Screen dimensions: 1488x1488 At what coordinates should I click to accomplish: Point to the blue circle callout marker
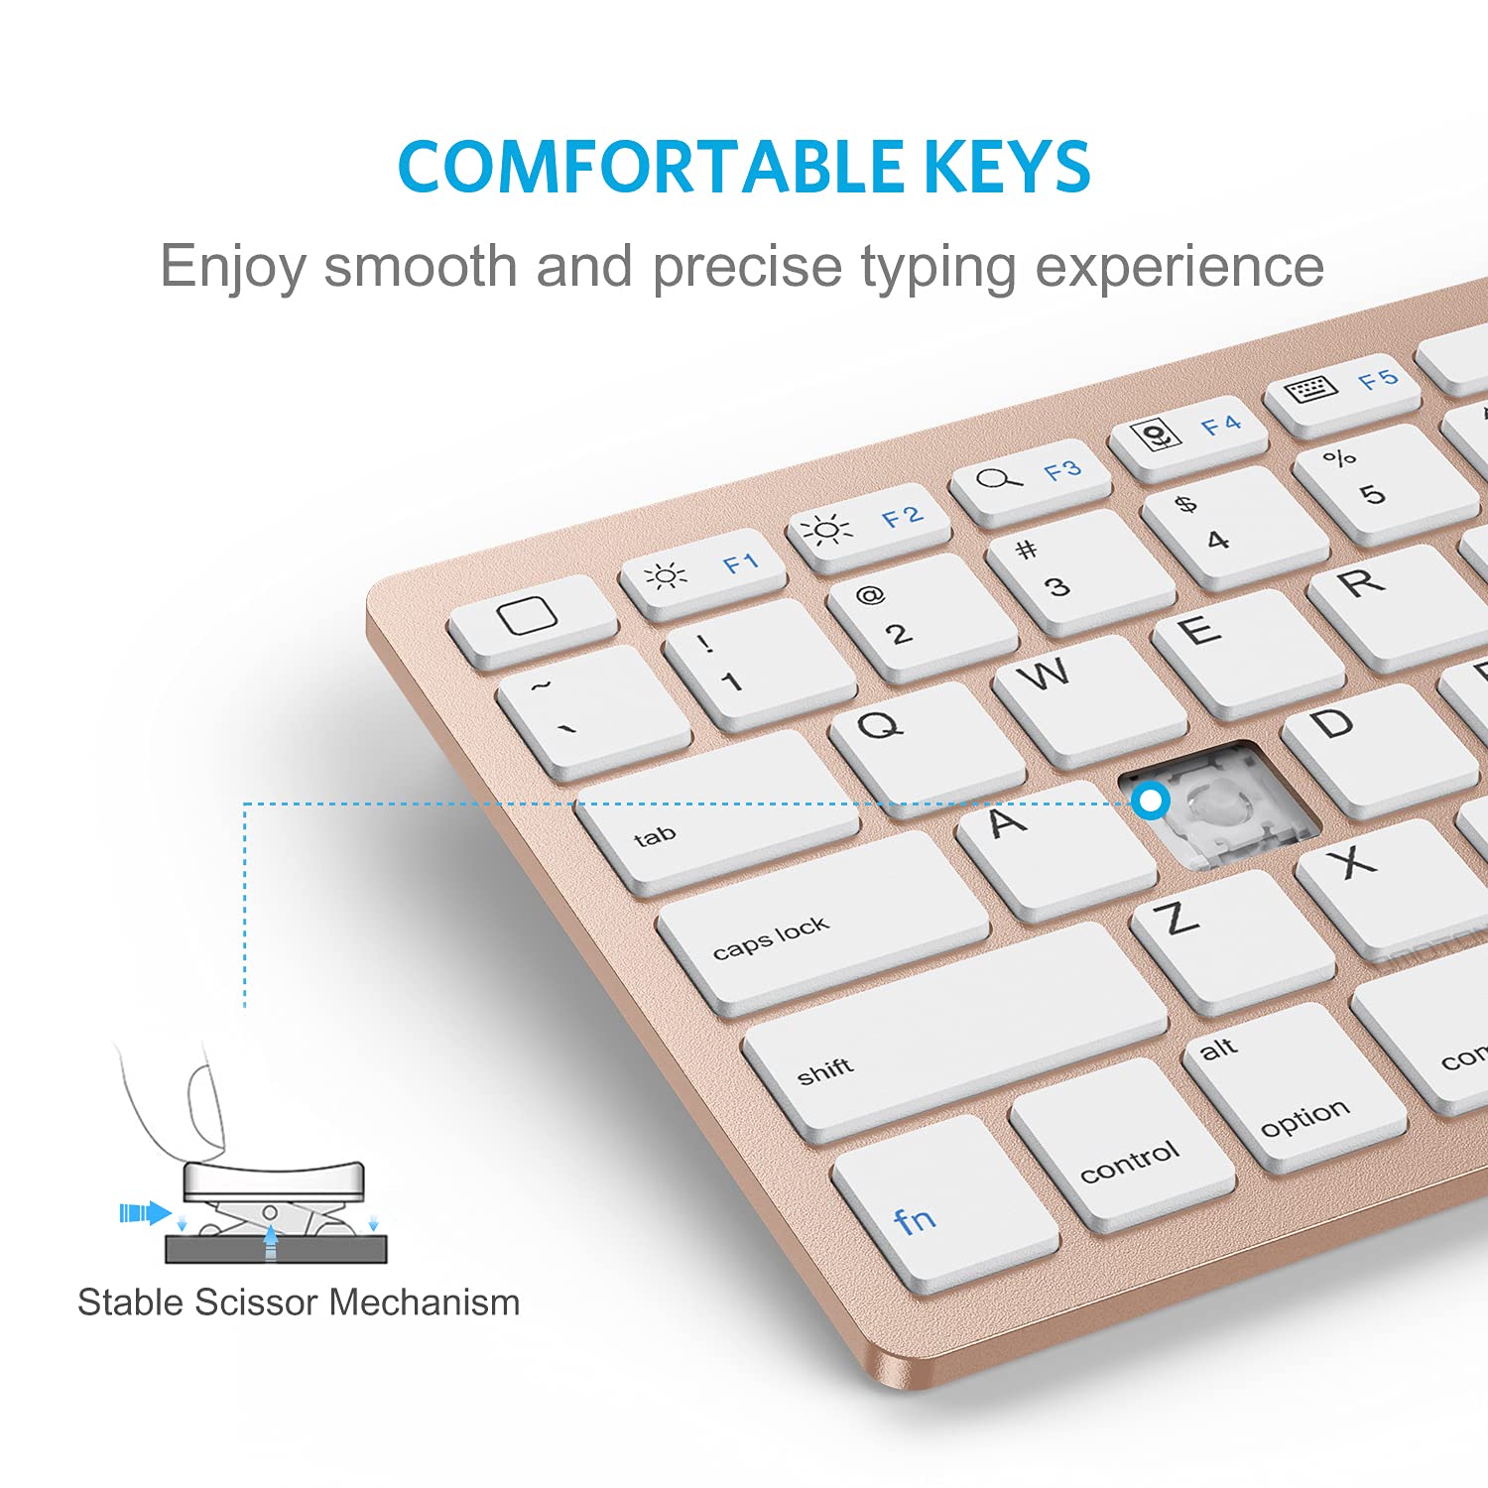point(1151,801)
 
